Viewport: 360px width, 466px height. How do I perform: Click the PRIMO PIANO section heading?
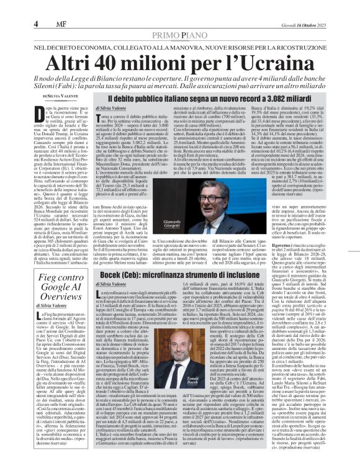(x=179, y=36)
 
